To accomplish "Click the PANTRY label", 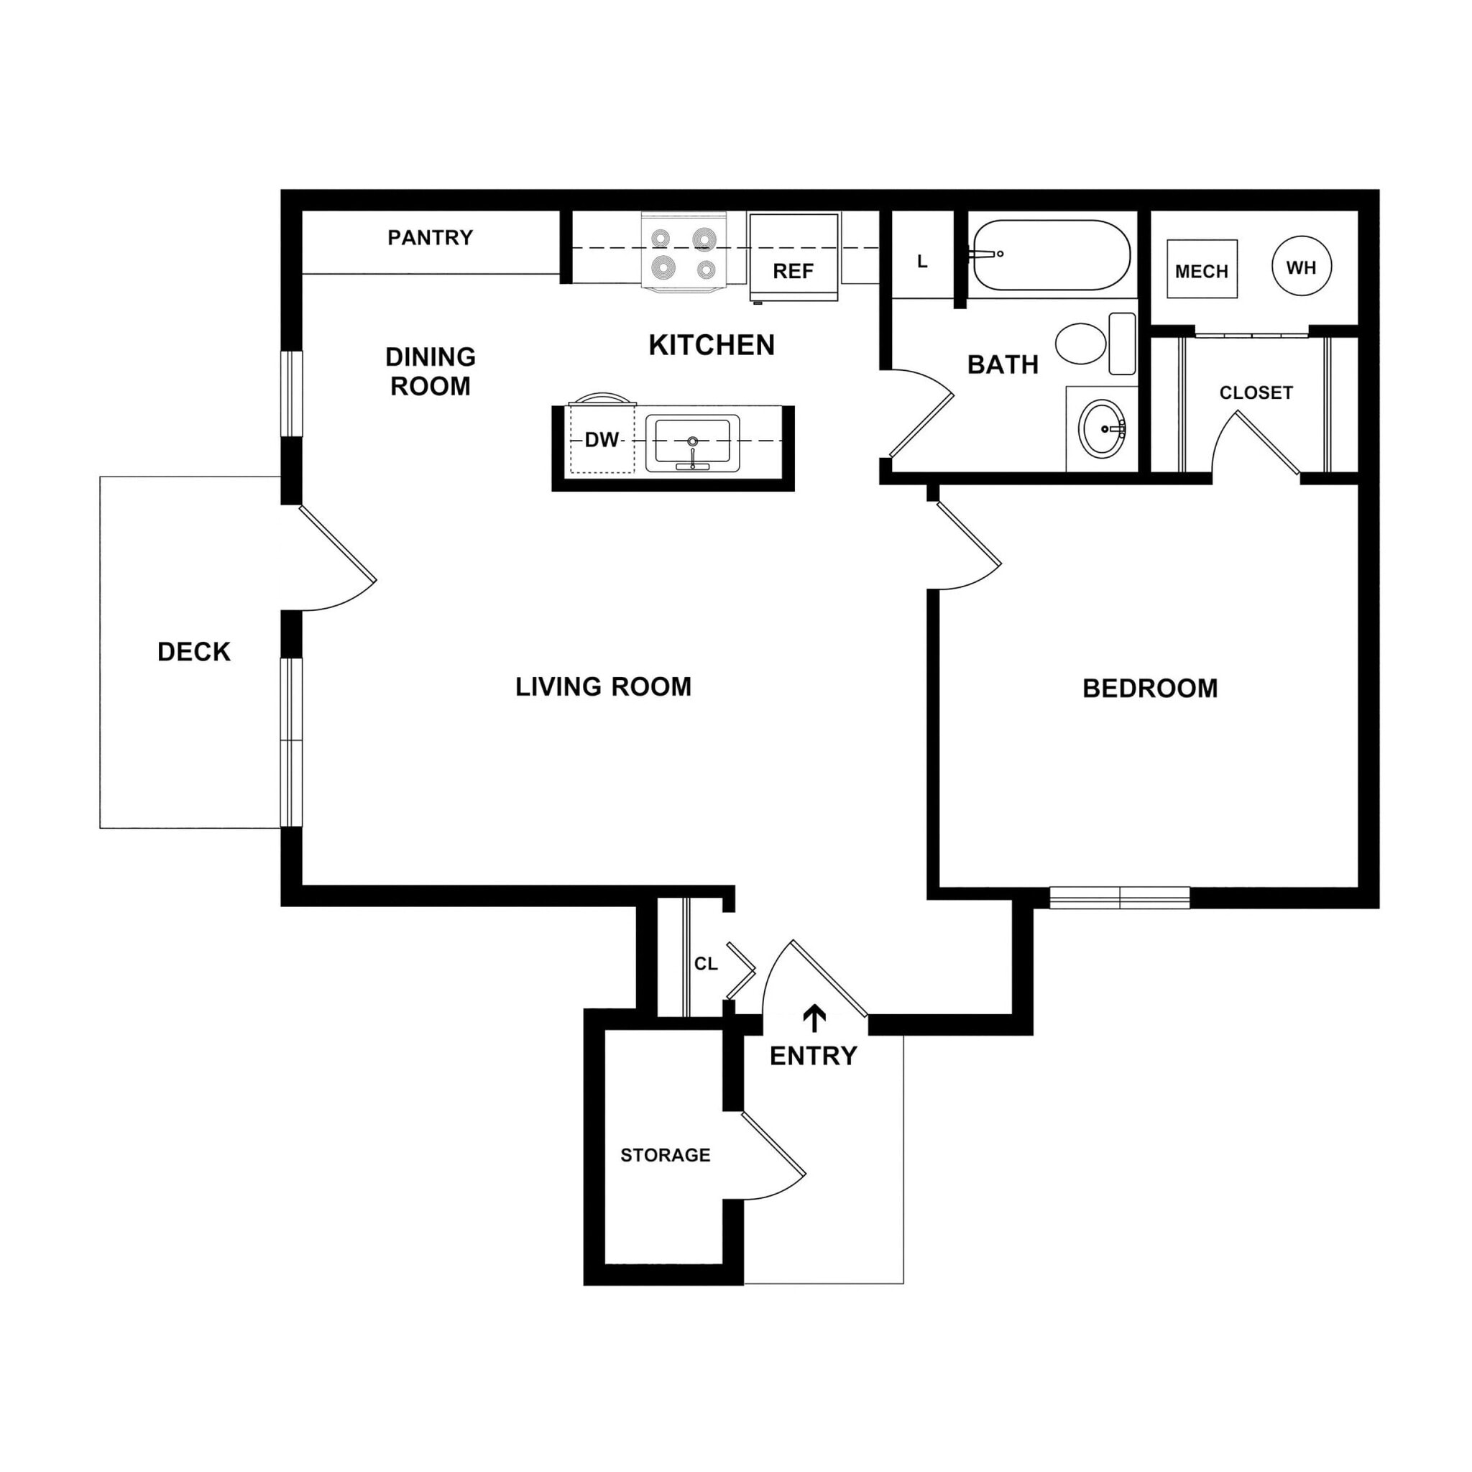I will (x=430, y=238).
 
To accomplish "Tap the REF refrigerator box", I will (x=793, y=257).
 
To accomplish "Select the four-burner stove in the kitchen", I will (x=684, y=252).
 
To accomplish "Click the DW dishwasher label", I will (x=601, y=440).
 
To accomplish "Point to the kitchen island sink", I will (x=692, y=443).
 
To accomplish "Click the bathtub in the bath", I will (x=1052, y=254).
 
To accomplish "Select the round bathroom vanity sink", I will (x=1102, y=429).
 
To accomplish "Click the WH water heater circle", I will (x=1302, y=267).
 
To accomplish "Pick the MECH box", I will (x=1202, y=270).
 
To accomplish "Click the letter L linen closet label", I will (x=922, y=262).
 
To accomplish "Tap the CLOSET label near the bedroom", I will (x=1256, y=393).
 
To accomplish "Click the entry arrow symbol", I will (x=814, y=1018).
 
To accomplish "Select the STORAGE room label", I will (x=665, y=1155).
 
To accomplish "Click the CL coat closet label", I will (x=706, y=964).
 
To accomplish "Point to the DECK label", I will (x=193, y=651).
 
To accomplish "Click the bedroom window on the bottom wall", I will (x=1119, y=898).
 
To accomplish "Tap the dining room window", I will (x=292, y=394).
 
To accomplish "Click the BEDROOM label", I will (x=1149, y=689).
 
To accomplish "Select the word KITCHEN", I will (x=711, y=345).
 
